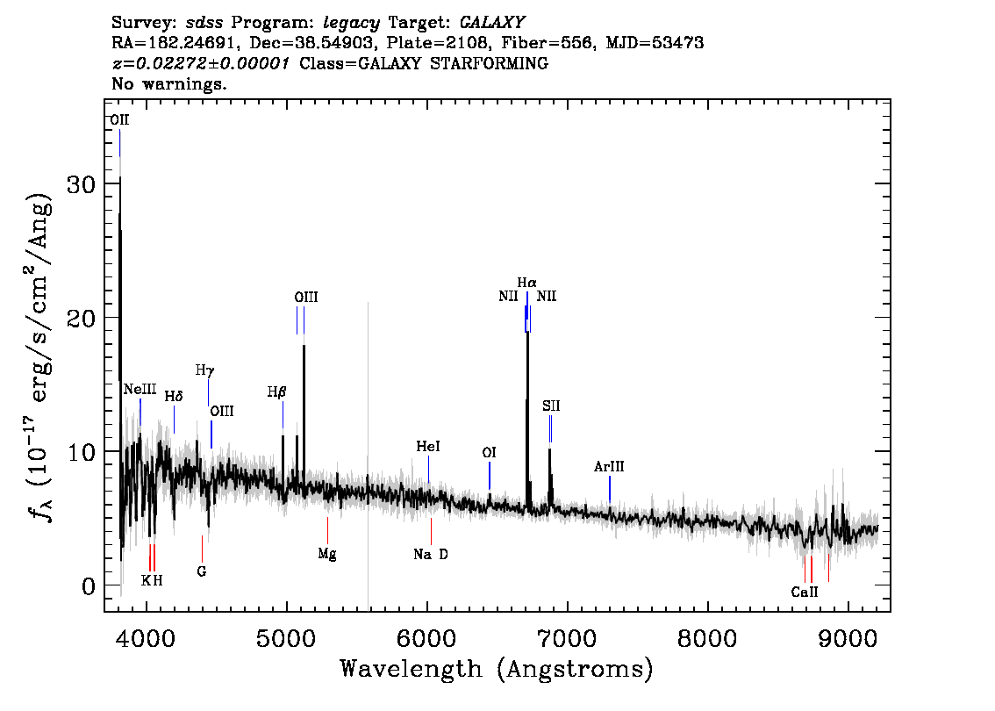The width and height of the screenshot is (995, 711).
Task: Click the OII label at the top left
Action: (119, 120)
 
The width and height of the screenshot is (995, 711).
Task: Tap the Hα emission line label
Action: (526, 283)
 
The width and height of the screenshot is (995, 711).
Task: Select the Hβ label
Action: (276, 392)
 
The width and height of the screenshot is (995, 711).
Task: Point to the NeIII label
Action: (140, 389)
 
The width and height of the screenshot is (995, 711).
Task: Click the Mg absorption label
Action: (326, 554)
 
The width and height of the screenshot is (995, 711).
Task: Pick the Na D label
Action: (431, 554)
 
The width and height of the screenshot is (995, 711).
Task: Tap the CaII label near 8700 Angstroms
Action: (805, 592)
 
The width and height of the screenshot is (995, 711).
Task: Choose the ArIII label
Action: (609, 467)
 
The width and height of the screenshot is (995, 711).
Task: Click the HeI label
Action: (428, 446)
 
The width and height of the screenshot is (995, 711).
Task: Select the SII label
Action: (551, 406)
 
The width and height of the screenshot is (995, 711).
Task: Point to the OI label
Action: (490, 453)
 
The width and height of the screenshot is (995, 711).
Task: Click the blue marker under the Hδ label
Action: (174, 420)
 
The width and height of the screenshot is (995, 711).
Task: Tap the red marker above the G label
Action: (202, 549)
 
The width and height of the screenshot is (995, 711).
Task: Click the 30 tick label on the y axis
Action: (82, 184)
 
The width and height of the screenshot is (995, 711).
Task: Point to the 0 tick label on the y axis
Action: (89, 586)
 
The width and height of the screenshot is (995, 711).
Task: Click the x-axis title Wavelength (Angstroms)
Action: (497, 669)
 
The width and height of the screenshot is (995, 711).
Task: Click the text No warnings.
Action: (168, 83)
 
